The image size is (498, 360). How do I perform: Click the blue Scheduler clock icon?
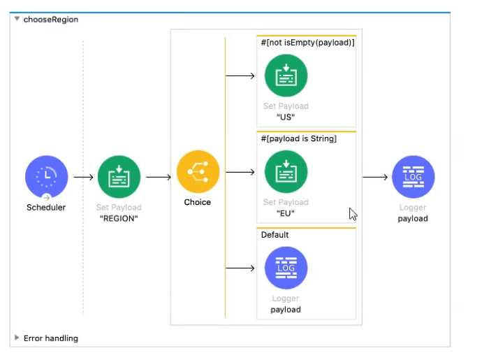click(46, 177)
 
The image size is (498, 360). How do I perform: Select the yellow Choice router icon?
click(198, 172)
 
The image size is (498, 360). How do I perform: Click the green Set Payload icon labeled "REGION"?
click(119, 177)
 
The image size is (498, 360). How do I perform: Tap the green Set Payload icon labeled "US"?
click(286, 75)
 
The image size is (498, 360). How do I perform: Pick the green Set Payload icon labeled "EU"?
click(286, 172)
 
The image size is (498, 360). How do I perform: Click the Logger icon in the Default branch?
click(286, 268)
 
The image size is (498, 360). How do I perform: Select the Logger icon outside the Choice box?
click(413, 177)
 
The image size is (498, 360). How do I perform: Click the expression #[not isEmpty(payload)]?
click(307, 43)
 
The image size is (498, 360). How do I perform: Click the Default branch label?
click(274, 235)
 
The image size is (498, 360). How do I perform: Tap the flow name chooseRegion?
click(51, 20)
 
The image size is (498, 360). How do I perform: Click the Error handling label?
click(51, 338)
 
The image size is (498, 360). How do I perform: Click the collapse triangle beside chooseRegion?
click(17, 20)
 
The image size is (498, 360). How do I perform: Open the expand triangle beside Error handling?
click(17, 338)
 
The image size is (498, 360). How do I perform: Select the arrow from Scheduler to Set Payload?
click(83, 178)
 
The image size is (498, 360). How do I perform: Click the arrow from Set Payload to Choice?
click(159, 178)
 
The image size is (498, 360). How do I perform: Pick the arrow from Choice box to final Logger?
click(375, 178)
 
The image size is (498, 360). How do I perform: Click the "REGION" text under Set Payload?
click(119, 217)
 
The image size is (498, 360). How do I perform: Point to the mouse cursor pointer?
click(353, 214)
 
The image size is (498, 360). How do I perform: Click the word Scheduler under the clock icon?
click(46, 207)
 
